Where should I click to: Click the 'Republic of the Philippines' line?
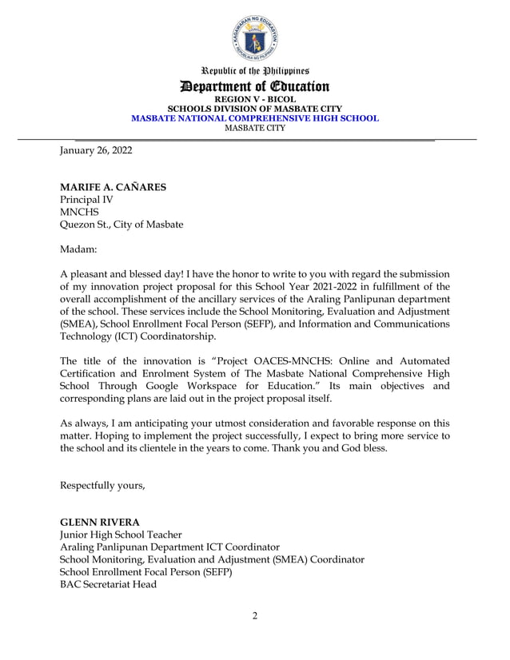point(255,71)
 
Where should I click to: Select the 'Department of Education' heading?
point(255,86)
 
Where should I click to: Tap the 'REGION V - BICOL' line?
point(255,99)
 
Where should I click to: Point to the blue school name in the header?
point(255,117)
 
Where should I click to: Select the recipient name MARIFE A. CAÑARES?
point(114,187)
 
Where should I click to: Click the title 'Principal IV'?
point(87,200)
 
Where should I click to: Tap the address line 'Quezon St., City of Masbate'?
point(122,225)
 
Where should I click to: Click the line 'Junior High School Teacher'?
point(121,535)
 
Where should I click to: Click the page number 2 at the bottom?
point(255,615)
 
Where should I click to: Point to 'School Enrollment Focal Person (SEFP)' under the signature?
point(146,571)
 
